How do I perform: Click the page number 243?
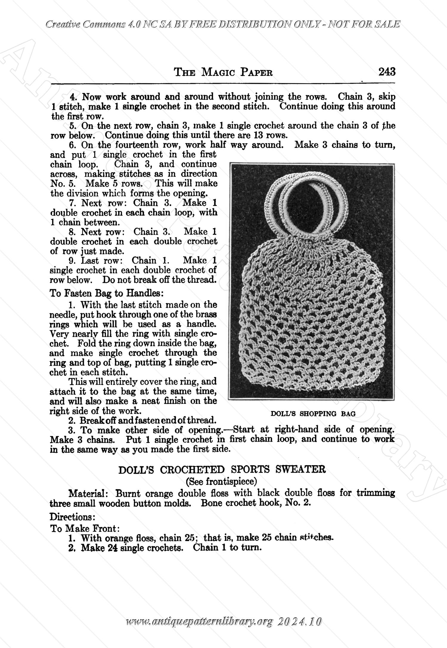pos(387,72)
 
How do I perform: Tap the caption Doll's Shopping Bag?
pos(313,414)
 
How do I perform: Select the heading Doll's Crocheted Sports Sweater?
pos(222,470)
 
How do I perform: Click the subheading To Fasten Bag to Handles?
pos(106,293)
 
